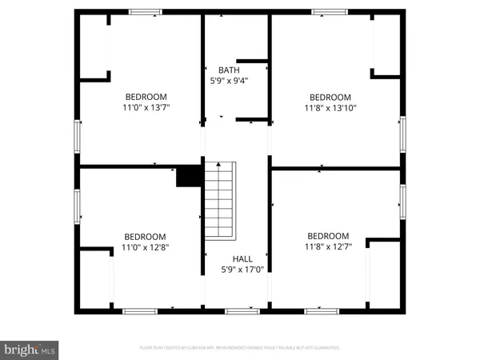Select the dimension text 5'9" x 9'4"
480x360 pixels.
pyautogui.click(x=228, y=81)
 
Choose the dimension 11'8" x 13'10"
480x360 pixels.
pyautogui.click(x=330, y=107)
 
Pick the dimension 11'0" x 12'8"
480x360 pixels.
pyautogui.click(x=145, y=247)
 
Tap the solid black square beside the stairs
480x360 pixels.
pyautogui.click(x=189, y=176)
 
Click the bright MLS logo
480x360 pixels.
pyautogui.click(x=30, y=350)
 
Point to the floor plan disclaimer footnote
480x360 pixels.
pyautogui.click(x=240, y=348)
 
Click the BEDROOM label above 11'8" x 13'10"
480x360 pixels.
pyautogui.click(x=330, y=97)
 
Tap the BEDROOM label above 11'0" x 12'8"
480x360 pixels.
pyautogui.click(x=145, y=237)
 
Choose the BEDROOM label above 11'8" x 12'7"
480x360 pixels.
pyautogui.click(x=329, y=236)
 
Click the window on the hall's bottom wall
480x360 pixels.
pyautogui.click(x=237, y=309)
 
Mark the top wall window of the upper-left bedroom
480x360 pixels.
pyautogui.click(x=146, y=11)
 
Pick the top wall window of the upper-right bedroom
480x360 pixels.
pyautogui.click(x=329, y=11)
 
